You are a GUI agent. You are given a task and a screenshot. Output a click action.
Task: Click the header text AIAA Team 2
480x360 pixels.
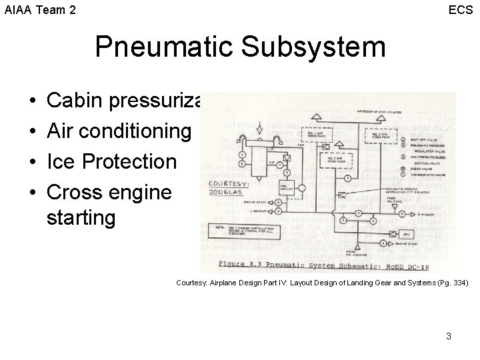pyautogui.click(x=40, y=10)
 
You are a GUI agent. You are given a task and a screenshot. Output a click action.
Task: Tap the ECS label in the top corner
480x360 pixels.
pyautogui.click(x=461, y=10)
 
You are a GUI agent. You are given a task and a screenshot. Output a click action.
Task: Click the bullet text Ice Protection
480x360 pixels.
pyautogui.click(x=112, y=162)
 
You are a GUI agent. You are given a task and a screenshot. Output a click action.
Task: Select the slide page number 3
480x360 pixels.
pyautogui.click(x=449, y=336)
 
